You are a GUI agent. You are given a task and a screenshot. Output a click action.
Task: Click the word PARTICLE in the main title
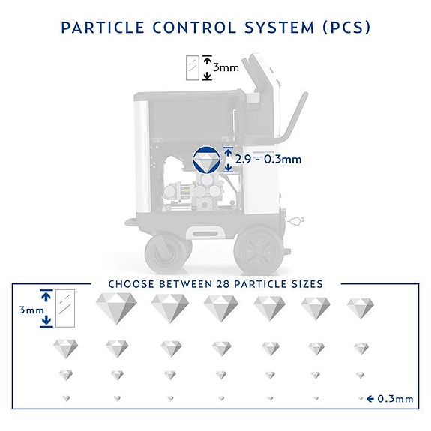(102, 28)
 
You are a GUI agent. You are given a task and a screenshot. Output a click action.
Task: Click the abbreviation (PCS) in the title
(346, 28)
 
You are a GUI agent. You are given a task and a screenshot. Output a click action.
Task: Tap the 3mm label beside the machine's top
(226, 67)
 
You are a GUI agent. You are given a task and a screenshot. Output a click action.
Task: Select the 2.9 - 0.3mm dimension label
(268, 160)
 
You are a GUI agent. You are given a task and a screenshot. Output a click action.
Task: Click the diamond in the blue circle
(206, 160)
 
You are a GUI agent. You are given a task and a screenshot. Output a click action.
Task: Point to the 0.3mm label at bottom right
(395, 399)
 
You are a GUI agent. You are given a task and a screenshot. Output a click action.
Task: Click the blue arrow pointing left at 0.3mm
(370, 399)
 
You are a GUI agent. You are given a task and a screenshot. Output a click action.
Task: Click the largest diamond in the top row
(116, 308)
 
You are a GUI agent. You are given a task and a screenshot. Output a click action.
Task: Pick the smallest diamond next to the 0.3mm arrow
(361, 398)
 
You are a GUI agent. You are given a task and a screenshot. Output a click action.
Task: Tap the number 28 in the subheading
(223, 284)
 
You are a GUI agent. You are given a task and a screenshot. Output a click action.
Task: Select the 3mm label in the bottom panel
(31, 310)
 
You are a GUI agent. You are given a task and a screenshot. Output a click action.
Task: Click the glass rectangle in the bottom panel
(65, 308)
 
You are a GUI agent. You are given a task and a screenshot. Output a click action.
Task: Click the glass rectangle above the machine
(193, 68)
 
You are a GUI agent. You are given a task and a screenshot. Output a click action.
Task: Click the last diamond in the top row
(360, 308)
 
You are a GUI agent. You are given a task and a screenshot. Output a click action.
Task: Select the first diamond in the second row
(65, 349)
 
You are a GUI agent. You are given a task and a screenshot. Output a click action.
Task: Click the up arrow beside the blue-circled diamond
(228, 153)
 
